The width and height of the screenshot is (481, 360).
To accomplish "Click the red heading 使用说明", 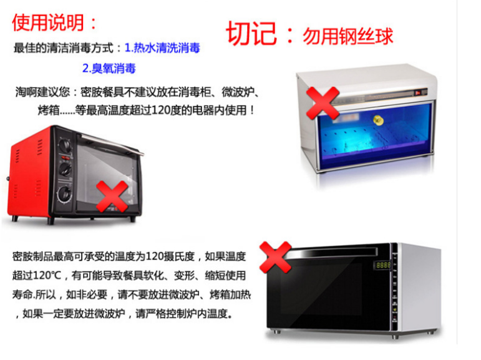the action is (48, 22).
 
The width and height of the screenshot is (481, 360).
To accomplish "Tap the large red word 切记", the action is (251, 34).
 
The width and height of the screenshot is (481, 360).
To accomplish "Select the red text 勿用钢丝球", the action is (347, 36).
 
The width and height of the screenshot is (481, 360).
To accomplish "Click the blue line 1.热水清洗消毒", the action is (162, 48).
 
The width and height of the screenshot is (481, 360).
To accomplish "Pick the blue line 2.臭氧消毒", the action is (109, 68).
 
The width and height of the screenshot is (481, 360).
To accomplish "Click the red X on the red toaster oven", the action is (112, 197).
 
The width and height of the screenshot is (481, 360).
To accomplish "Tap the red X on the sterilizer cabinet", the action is (323, 103).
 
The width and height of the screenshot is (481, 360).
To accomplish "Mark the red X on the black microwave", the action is (275, 257).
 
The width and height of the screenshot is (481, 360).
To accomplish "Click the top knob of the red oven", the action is (66, 145).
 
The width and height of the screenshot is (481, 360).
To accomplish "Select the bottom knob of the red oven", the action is (65, 193).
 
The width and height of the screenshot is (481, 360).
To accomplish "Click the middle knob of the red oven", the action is (65, 169).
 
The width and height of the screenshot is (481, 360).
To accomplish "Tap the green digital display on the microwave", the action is (382, 265).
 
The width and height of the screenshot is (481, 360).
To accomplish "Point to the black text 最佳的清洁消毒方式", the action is (64, 48).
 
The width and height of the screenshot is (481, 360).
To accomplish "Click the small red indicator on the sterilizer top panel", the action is (417, 93).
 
